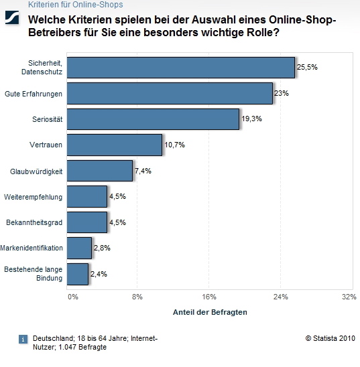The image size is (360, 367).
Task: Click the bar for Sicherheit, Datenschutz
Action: point(181,68)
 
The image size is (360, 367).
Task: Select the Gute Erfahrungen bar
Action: point(170,94)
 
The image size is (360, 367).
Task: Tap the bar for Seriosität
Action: point(154,119)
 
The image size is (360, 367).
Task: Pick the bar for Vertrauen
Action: point(115,145)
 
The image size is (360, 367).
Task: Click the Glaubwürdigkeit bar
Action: point(100,171)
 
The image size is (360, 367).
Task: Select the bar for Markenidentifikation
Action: point(79,248)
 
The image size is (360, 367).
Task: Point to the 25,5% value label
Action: point(306,68)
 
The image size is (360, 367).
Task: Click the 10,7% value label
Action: point(174,145)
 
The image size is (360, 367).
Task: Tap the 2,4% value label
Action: point(99,274)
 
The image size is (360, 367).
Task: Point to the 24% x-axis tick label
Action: point(280,296)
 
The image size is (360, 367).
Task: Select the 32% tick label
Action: point(349,296)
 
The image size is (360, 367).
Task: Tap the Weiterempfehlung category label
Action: point(33,197)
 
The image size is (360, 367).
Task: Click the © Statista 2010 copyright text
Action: point(331,339)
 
